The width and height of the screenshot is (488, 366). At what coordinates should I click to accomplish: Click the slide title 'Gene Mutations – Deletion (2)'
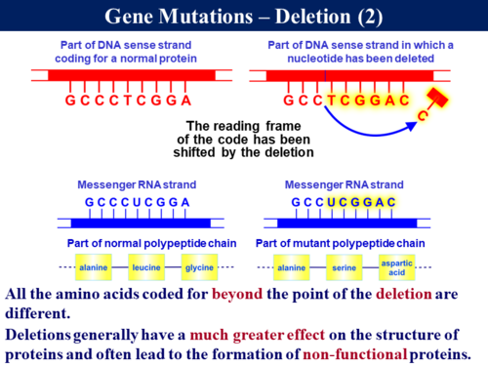click(244, 18)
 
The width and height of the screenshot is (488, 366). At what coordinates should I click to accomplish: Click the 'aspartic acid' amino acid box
click(398, 265)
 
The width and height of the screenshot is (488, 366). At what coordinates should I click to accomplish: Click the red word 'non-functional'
click(346, 353)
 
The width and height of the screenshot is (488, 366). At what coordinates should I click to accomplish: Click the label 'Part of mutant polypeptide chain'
click(340, 242)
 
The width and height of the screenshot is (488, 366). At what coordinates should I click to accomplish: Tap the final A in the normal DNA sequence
click(185, 101)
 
